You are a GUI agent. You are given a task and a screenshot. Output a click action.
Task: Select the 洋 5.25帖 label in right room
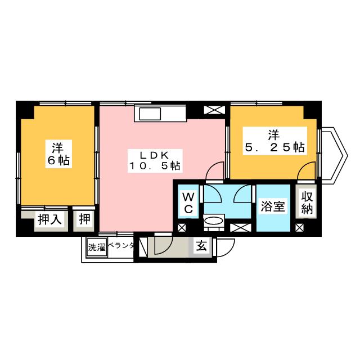pos(274,142)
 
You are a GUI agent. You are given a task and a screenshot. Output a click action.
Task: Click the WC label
pos(188,203)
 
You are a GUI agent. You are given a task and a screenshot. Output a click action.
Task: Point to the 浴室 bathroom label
pos(273,206)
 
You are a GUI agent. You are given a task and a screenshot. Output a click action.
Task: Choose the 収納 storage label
pos(307,202)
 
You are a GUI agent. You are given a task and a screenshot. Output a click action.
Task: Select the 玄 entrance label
pos(201,245)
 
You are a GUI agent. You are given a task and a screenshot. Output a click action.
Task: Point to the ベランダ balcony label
pos(121,246)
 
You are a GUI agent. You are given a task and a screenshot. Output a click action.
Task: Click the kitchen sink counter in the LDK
pos(160,115)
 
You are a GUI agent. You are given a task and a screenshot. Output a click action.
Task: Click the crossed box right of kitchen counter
pos(214,110)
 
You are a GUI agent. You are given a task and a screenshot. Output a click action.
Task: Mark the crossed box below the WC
pos(181,228)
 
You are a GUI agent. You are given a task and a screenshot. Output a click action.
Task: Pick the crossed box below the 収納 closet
pos(299,227)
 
